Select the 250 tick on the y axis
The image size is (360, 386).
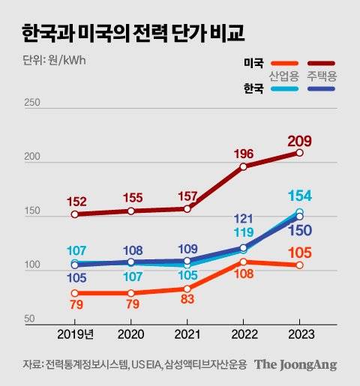(32, 103)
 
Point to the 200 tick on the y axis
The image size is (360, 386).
(32, 158)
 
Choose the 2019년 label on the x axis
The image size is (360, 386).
(74, 333)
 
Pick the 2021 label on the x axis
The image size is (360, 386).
(187, 333)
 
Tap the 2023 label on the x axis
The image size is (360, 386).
(299, 333)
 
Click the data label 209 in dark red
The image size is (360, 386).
(299, 141)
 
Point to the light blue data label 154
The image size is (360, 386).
(299, 196)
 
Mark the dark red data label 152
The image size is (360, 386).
(74, 201)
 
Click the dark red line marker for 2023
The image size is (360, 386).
(299, 152)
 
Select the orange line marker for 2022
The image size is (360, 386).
(243, 262)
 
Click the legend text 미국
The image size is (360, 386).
(253, 64)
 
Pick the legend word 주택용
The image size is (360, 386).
(320, 76)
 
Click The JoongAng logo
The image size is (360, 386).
(295, 365)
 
